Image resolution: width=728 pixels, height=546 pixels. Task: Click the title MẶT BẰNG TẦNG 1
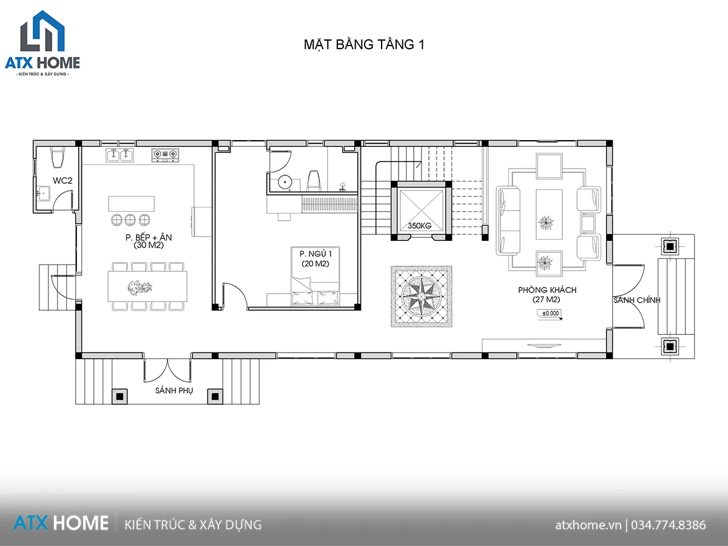(364, 45)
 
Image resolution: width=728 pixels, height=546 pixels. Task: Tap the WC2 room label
(62, 180)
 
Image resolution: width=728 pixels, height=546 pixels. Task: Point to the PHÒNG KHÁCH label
(547, 295)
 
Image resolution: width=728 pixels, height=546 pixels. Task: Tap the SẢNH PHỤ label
(174, 391)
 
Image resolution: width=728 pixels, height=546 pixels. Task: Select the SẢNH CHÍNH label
(636, 300)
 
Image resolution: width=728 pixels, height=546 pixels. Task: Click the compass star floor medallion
(422, 296)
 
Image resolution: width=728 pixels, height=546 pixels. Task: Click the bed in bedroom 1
(316, 292)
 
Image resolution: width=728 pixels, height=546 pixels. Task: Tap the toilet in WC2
(58, 157)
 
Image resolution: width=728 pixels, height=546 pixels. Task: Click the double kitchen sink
(120, 155)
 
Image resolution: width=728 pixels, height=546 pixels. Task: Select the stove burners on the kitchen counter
(165, 155)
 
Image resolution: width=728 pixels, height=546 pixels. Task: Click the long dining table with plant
(147, 285)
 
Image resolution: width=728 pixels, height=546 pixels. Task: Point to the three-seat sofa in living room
(508, 220)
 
